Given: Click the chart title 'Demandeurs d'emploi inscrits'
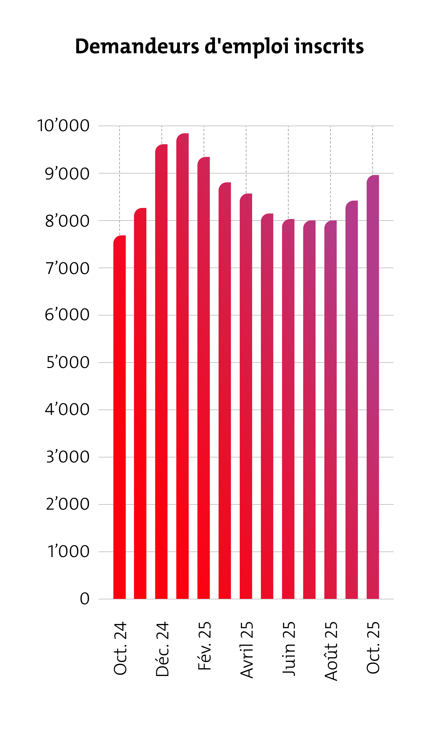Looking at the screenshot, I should tap(219, 47).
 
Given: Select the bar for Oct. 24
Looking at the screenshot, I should tap(119, 415).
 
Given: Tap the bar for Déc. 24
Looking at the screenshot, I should tap(161, 370).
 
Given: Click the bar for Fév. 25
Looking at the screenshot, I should tap(203, 376).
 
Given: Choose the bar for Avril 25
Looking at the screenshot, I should tap(246, 394).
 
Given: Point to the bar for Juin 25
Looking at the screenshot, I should tap(288, 409).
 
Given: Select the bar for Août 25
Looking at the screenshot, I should tap(330, 409).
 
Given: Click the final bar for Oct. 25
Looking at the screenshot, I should tap(373, 385).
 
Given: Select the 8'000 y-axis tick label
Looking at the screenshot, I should tap(67, 221).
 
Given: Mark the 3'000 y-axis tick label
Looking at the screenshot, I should tap(68, 457).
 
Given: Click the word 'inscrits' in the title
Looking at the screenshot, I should tap(329, 47).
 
